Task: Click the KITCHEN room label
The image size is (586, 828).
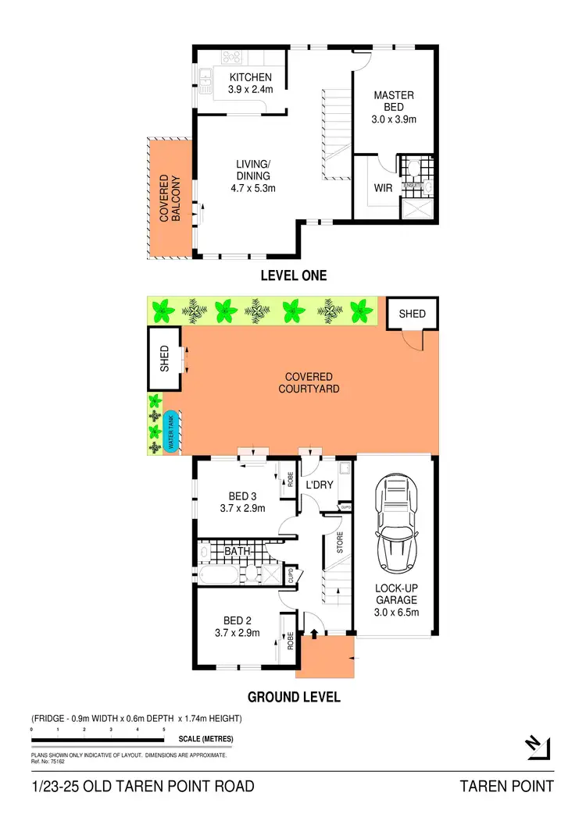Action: click(x=250, y=77)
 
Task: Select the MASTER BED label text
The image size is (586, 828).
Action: click(x=393, y=101)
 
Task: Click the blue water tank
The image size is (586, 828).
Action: click(x=171, y=432)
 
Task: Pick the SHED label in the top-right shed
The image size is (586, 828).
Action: click(x=412, y=314)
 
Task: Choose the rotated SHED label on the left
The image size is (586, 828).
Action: click(x=164, y=358)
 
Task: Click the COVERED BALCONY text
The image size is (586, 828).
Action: click(x=170, y=198)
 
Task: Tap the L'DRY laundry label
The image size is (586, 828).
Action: click(x=319, y=485)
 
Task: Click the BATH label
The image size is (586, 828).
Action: click(x=237, y=552)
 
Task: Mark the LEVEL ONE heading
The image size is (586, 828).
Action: click(x=293, y=275)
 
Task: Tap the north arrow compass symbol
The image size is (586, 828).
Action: click(x=537, y=747)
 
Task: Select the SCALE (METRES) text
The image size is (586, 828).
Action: click(x=206, y=739)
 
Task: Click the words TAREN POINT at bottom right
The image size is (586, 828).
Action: click(x=506, y=786)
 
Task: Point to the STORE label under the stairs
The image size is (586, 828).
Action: click(x=339, y=542)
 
